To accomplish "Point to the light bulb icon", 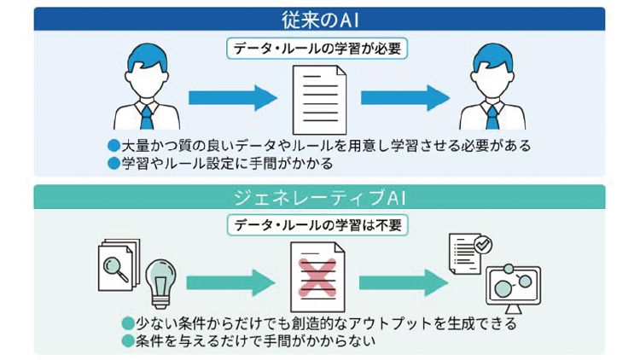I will [160, 281].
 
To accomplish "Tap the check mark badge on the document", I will [483, 245].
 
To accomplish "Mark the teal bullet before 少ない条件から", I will [127, 324].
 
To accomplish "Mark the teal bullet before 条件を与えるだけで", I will [127, 340].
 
